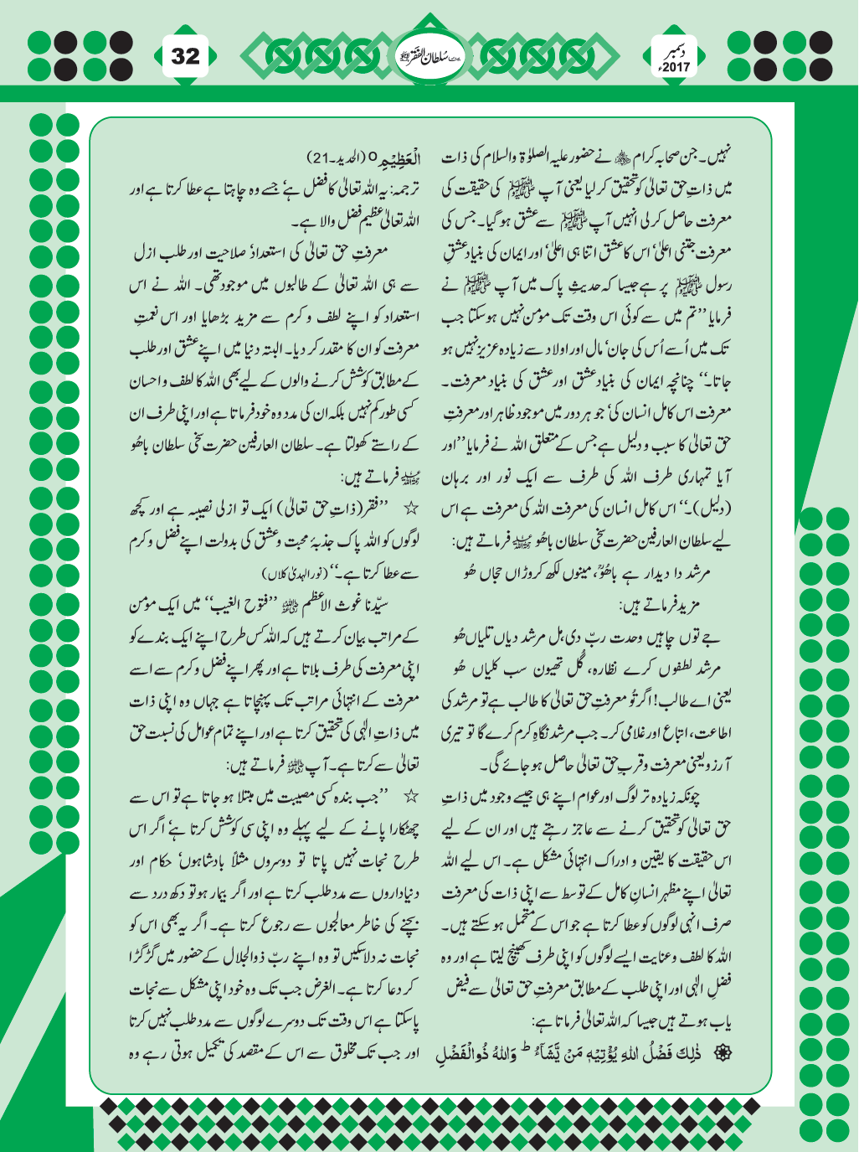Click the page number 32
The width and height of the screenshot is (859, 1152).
[186, 56]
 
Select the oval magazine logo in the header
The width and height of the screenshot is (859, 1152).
[429, 58]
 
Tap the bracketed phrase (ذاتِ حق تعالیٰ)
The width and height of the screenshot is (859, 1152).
[306, 509]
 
